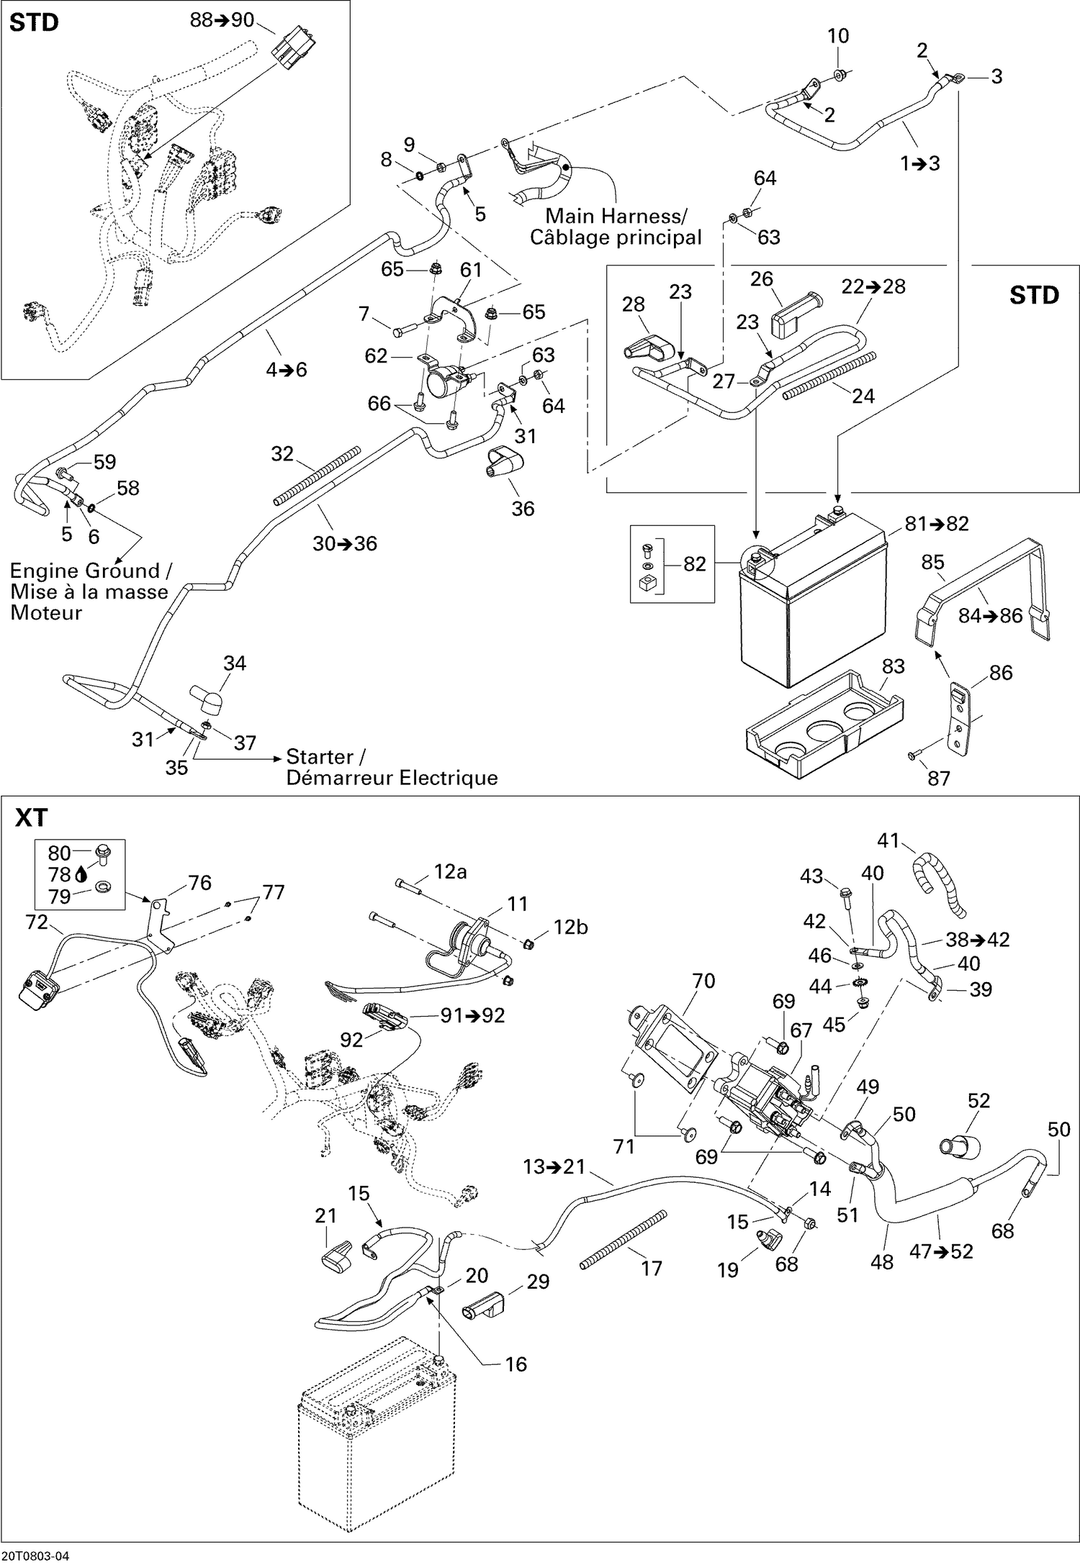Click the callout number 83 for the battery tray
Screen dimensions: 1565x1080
pos(893,666)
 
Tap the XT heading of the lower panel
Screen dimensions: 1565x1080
pos(31,818)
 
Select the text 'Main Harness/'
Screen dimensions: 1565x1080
pos(616,216)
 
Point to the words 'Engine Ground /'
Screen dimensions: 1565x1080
pos(91,571)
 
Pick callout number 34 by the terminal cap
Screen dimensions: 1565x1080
pos(235,663)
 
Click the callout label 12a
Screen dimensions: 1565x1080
pos(450,872)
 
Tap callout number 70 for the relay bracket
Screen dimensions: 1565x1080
pos(703,981)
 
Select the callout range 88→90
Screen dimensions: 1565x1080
pos(222,20)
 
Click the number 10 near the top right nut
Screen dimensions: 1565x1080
pos(838,36)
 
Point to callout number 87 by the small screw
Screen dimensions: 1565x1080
pos(939,778)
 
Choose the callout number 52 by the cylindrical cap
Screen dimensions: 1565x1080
pos(978,1101)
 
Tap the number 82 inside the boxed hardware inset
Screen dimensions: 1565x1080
pos(694,564)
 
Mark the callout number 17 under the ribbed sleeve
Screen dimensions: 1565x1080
pos(651,1268)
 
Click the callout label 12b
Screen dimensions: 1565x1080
pos(570,927)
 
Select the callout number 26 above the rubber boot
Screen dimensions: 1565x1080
pos(761,279)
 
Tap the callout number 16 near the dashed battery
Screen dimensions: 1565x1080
pos(516,1364)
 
